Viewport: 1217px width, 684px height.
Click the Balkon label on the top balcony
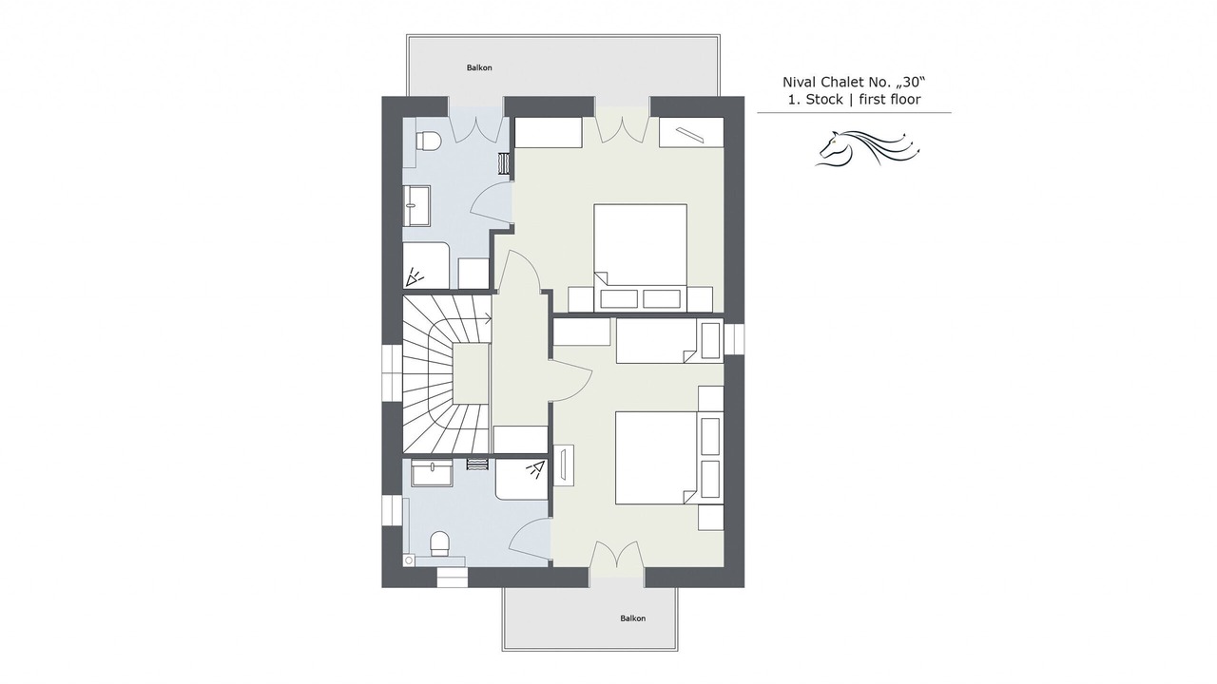[479, 67]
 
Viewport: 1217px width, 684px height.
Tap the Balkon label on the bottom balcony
[633, 618]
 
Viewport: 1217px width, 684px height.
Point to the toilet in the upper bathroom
[428, 141]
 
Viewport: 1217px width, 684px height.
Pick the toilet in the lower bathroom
[439, 543]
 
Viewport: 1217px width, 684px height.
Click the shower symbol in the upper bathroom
[415, 278]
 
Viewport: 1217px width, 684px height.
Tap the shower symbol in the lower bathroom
[535, 469]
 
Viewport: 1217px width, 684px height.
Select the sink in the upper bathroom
[416, 206]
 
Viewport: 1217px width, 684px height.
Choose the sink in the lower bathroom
[432, 473]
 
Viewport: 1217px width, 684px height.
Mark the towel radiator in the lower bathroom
[477, 465]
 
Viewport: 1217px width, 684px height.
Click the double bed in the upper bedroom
[640, 257]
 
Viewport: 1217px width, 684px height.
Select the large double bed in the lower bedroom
[656, 458]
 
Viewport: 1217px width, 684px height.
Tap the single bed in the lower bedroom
[656, 341]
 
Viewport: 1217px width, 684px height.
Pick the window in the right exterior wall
[734, 338]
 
